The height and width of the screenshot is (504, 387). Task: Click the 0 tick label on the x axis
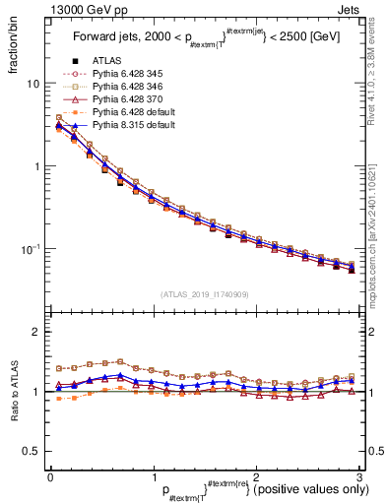coord(49,475)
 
